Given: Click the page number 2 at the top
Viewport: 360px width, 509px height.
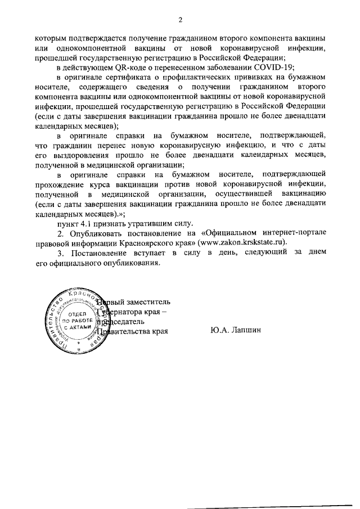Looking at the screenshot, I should pyautogui.click(x=180, y=21).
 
